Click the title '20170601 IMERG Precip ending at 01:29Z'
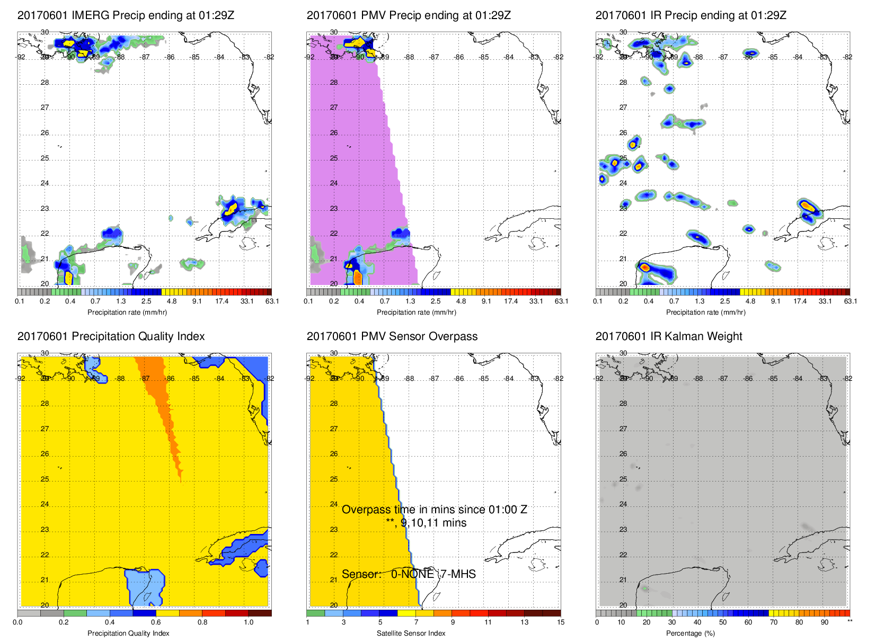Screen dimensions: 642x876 click(126, 15)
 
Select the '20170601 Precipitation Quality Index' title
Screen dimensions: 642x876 click(111, 336)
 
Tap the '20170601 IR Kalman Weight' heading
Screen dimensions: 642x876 click(669, 336)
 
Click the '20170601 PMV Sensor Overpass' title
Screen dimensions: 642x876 click(392, 336)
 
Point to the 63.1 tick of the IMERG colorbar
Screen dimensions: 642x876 click(272, 301)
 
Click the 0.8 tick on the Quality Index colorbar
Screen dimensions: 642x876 click(202, 622)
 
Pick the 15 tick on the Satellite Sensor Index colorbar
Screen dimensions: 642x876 click(561, 622)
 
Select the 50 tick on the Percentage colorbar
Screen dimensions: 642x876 click(723, 622)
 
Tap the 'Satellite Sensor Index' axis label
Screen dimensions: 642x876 click(411, 634)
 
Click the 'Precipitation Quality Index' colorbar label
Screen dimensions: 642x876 click(128, 634)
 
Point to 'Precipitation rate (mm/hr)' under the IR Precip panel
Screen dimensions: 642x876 click(705, 313)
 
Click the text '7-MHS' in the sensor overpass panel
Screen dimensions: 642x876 click(458, 574)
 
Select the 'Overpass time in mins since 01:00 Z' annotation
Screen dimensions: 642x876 click(434, 510)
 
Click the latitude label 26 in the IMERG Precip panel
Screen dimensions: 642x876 click(45, 133)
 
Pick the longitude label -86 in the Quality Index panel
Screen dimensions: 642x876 click(170, 379)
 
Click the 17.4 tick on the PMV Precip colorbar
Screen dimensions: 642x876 click(511, 301)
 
